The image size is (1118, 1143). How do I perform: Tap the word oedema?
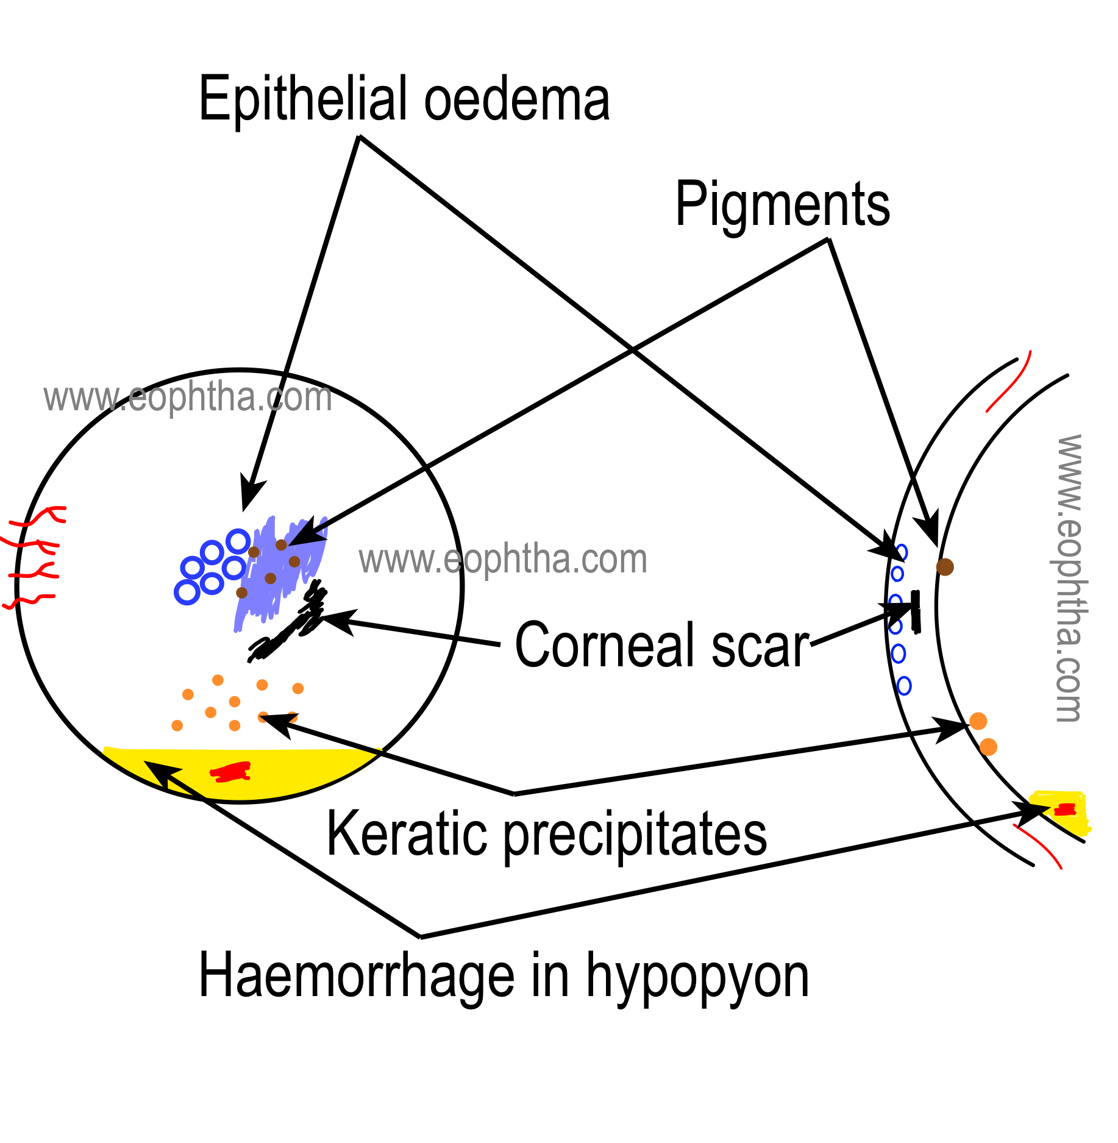tap(516, 101)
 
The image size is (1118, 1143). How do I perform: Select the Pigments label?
tap(782, 205)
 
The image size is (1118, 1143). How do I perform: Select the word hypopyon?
tap(697, 978)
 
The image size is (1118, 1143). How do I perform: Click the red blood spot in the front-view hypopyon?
tap(230, 772)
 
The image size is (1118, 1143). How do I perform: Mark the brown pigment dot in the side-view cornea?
tap(944, 567)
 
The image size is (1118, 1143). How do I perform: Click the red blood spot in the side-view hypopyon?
tap(1065, 810)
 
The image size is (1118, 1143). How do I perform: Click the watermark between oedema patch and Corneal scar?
tap(503, 560)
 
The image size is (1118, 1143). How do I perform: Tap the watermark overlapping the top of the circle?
tap(188, 397)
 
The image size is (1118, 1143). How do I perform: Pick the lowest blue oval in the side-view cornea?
tap(904, 686)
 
